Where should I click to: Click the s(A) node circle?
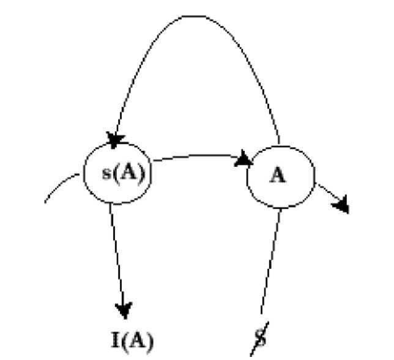pos(117,174)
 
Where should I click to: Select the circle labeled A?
pos(280,176)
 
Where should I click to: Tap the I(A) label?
pos(129,340)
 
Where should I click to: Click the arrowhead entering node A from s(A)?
pos(244,160)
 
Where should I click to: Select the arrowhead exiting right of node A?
pos(341,204)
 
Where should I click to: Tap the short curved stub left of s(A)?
pos(61,186)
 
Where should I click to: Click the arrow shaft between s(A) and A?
pos(196,156)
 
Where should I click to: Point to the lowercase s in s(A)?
pos(105,174)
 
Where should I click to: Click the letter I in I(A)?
pos(114,340)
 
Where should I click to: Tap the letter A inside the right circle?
pos(279,176)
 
